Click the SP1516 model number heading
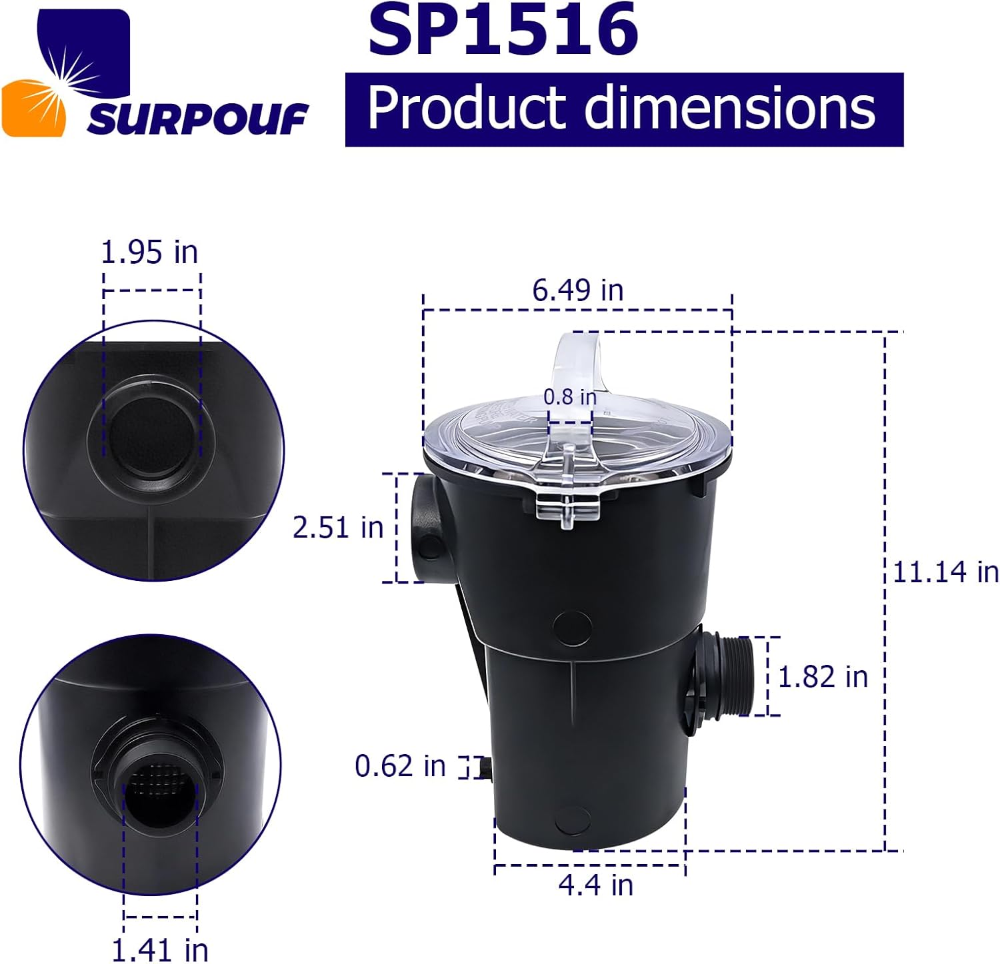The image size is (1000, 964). (503, 30)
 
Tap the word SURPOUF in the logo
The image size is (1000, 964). (197, 120)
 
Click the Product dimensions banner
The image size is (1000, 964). (623, 109)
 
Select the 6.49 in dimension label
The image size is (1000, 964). (577, 290)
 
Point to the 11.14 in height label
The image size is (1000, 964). (945, 572)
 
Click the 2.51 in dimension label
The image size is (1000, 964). (338, 528)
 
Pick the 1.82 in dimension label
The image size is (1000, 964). (823, 677)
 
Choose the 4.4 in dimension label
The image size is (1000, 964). (595, 885)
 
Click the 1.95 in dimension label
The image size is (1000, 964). (149, 252)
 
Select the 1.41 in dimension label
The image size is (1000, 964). (159, 949)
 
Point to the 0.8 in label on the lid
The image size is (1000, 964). (569, 397)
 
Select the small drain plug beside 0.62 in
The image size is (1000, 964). (485, 767)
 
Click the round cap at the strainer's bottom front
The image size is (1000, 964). (572, 819)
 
